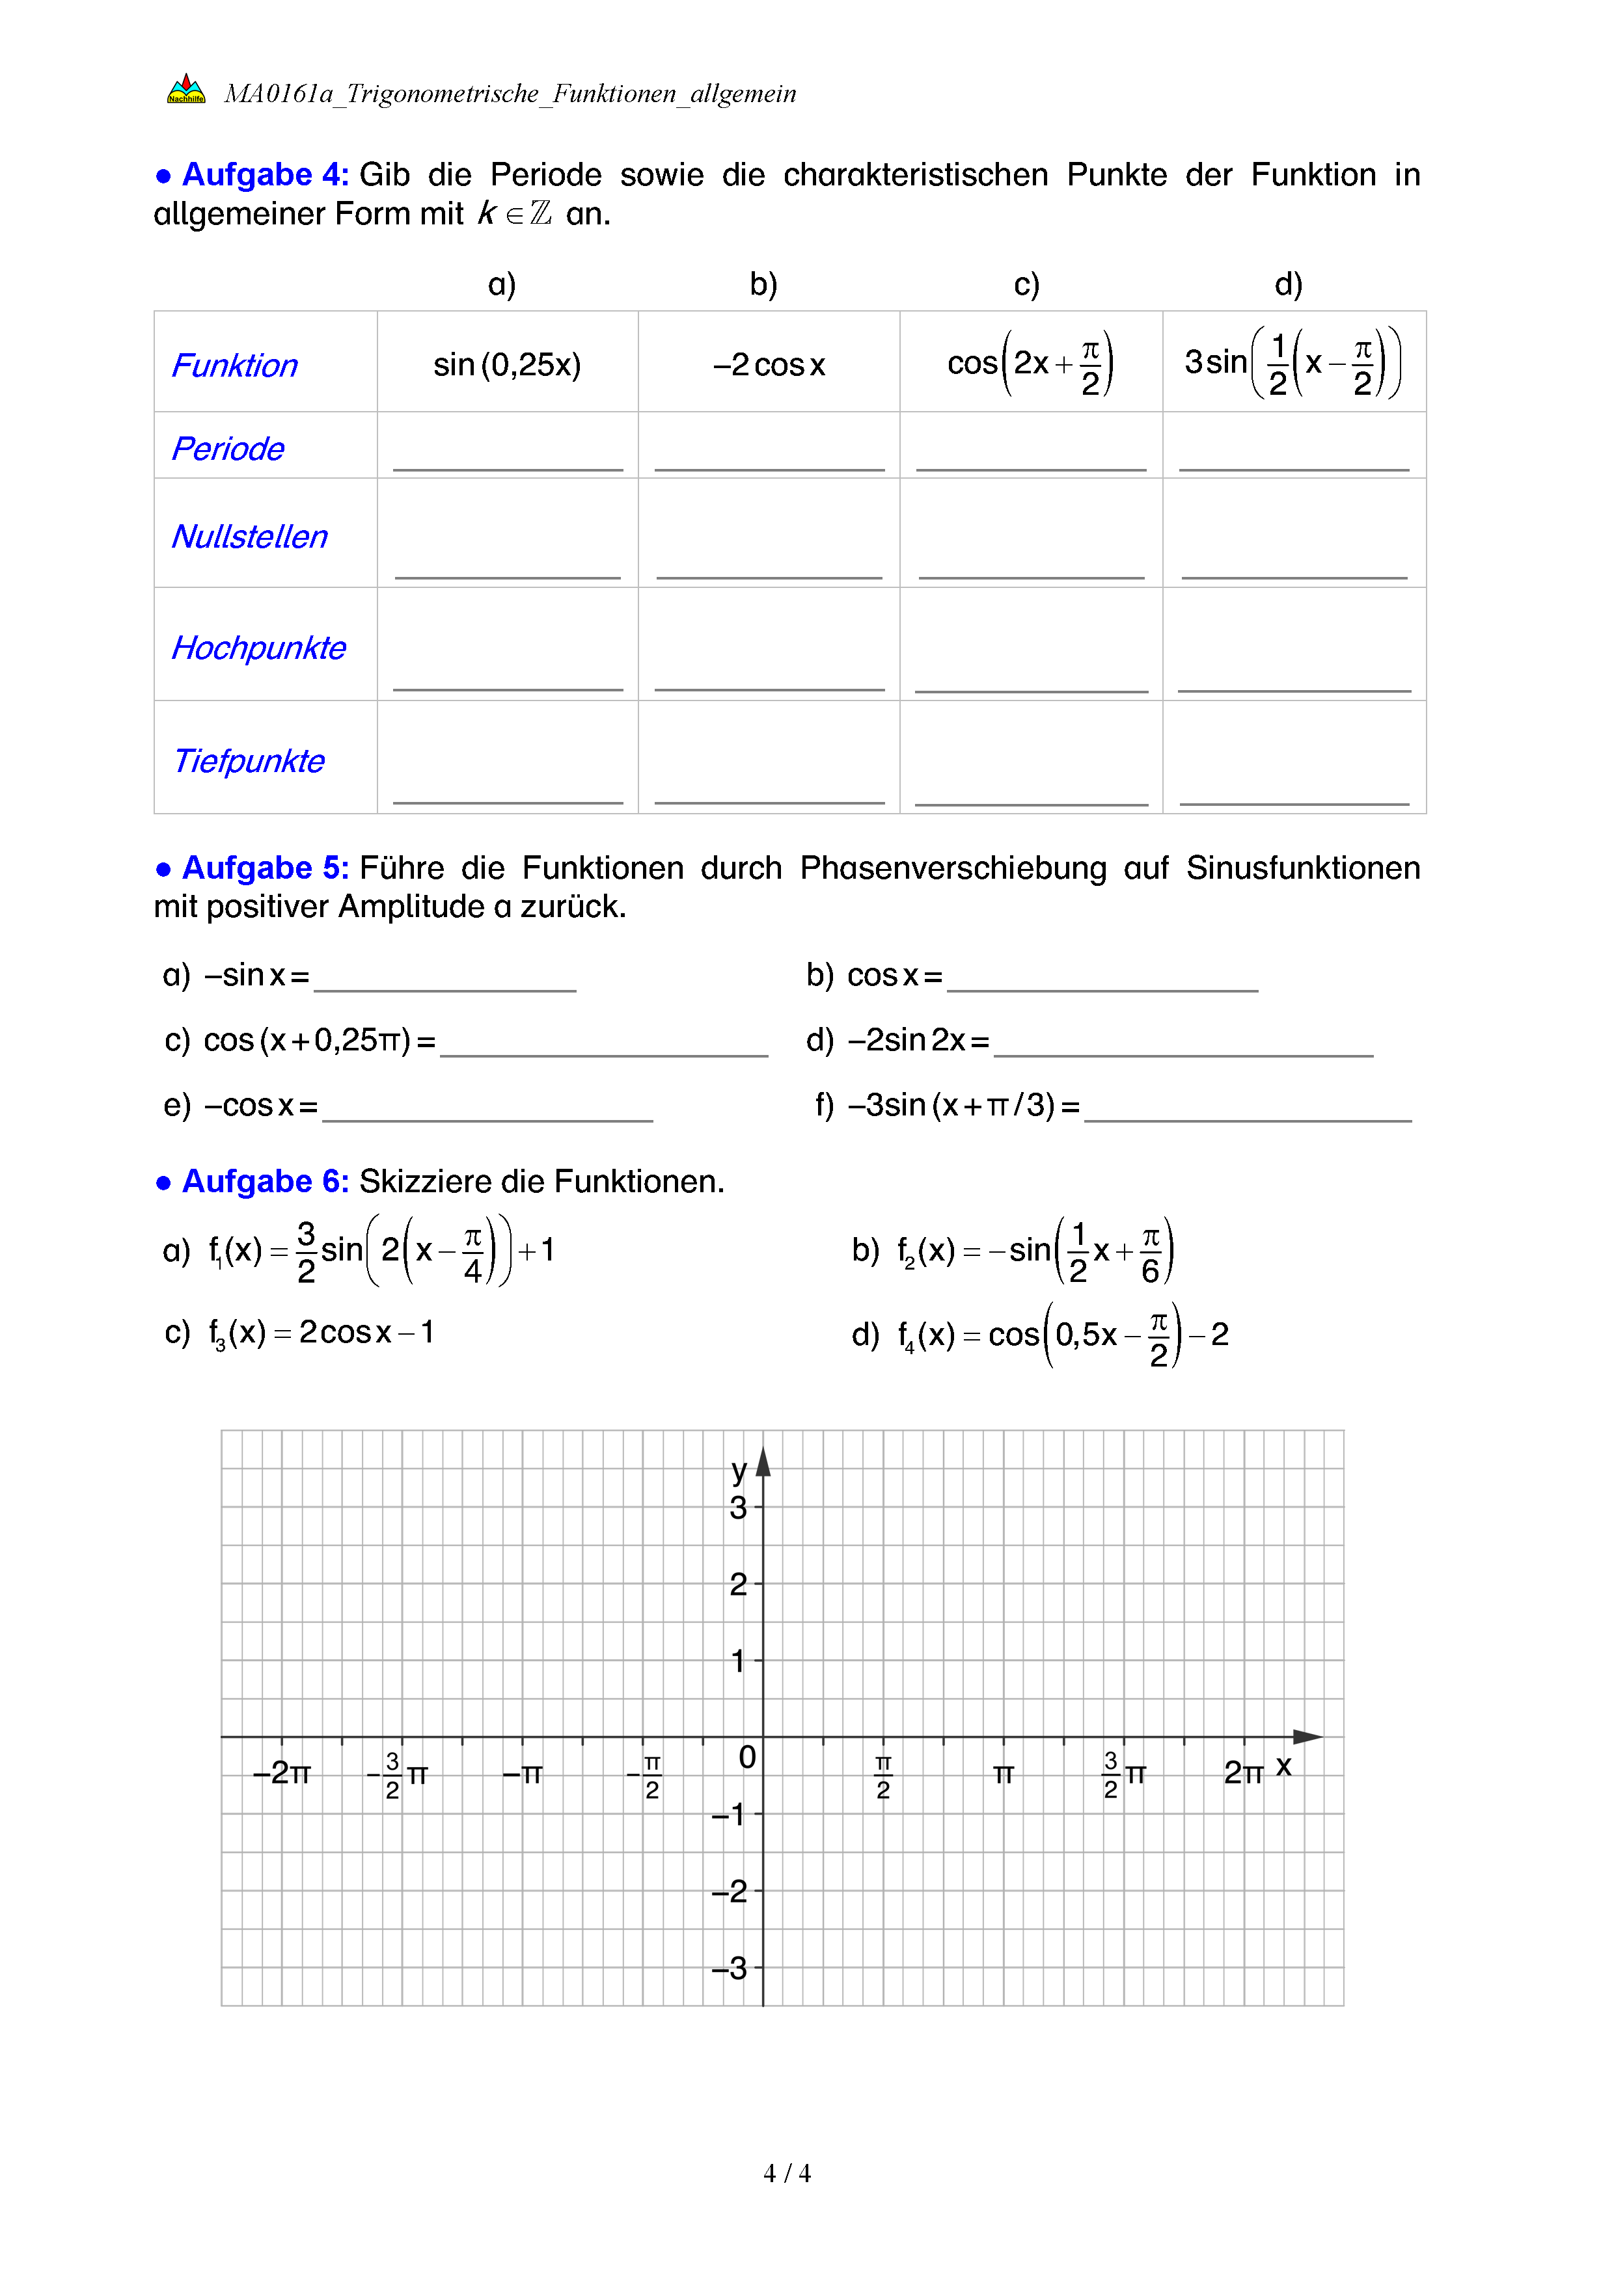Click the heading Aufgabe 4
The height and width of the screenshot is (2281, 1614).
point(264,175)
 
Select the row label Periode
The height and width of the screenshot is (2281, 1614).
point(228,449)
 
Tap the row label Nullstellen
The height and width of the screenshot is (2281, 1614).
point(249,537)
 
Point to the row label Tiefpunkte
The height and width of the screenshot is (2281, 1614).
point(249,761)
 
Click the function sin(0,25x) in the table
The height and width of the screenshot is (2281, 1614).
point(507,365)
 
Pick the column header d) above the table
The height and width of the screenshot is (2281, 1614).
point(1288,285)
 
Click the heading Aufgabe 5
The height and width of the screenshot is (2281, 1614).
point(264,868)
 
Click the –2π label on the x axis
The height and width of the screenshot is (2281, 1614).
point(281,1772)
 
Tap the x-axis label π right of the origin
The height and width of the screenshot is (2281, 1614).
point(1003,1774)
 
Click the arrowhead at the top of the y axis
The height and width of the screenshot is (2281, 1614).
point(763,1462)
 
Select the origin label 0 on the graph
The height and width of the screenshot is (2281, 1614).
point(747,1757)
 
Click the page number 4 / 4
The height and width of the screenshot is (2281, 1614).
point(786,2174)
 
